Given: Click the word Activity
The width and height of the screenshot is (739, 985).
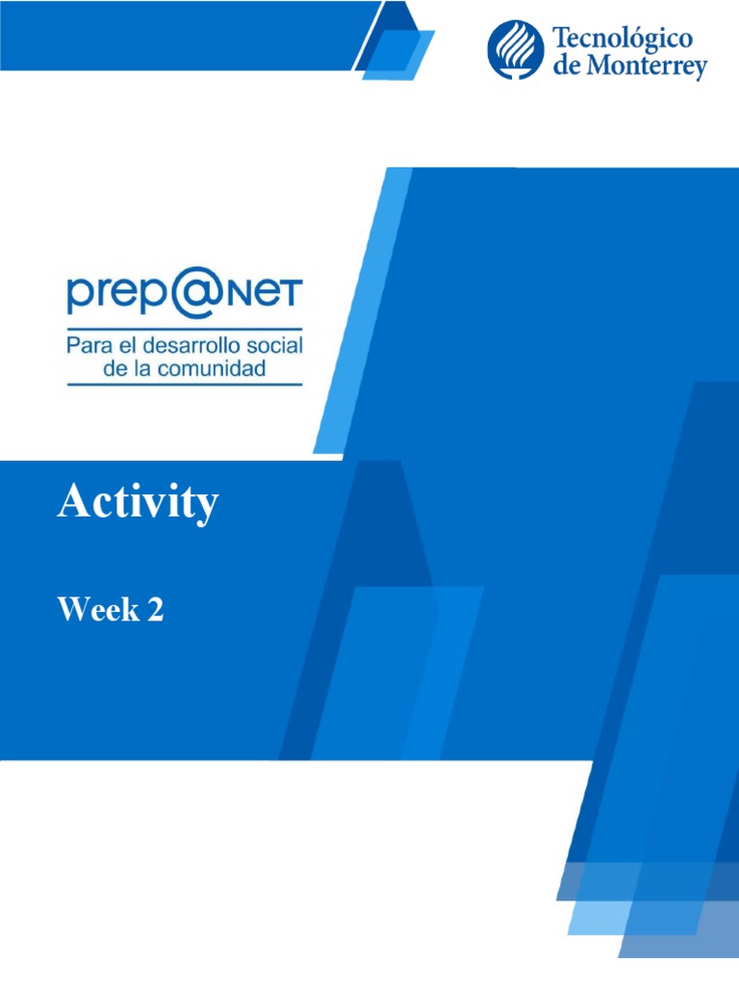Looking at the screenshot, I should pyautogui.click(x=138, y=503).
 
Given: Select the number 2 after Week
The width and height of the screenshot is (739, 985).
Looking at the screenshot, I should pyautogui.click(x=155, y=609).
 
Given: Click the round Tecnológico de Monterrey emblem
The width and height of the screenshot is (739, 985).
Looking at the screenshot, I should pyautogui.click(x=516, y=51).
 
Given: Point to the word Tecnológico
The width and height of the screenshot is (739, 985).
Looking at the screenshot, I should pyautogui.click(x=623, y=39).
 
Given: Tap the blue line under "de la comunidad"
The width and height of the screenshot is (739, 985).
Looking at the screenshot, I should pyautogui.click(x=184, y=385).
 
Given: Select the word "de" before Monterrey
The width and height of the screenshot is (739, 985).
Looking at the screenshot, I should pyautogui.click(x=565, y=67).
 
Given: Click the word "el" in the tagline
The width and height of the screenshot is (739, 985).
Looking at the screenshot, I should pyautogui.click(x=119, y=344).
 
